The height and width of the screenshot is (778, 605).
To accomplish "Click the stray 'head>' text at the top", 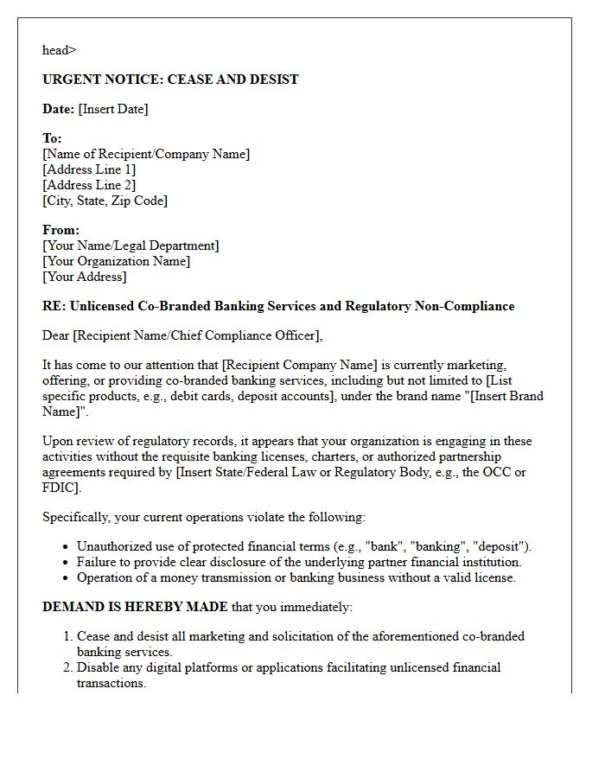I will point(59,50).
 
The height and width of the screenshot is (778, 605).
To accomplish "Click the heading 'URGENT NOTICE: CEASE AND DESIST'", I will point(170,80).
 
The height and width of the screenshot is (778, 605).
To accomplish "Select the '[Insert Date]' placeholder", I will point(113,109).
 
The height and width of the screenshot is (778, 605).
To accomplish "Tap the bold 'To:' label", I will point(52,138).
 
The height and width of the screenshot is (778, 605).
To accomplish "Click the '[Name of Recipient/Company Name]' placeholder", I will point(146,154).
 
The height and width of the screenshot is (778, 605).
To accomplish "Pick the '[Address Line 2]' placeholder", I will point(89,185).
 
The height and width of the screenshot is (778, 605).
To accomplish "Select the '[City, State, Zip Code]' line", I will point(105,201).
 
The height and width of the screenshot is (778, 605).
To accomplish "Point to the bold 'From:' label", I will point(60,230).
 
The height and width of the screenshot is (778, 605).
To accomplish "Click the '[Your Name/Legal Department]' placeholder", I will point(131,246).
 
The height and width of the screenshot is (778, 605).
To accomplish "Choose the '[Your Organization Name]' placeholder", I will point(116,261).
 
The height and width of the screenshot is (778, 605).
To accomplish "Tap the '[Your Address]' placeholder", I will point(84,277).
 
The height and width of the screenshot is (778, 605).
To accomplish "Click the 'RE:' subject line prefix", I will point(54,306).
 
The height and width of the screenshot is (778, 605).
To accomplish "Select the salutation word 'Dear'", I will point(56,335).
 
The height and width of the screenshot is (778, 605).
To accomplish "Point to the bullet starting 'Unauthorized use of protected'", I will point(303,546).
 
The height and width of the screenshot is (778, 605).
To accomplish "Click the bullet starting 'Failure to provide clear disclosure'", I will point(299,562).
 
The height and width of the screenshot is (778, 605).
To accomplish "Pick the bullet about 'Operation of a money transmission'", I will point(296,577).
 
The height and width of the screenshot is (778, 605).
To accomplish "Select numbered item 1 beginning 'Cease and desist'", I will point(300,644).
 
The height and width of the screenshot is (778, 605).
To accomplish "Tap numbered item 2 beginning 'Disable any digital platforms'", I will point(288,675).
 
